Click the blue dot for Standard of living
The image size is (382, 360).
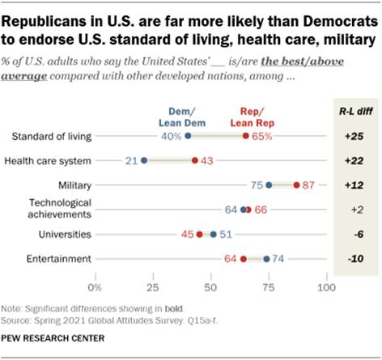188,136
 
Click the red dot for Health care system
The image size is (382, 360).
195,160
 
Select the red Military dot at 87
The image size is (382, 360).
296,185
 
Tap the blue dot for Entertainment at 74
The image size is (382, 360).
266,259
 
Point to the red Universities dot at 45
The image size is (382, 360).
199,235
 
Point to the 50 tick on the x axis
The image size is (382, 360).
211,287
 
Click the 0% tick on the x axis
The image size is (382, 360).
96,287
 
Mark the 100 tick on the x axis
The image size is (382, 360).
326,287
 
